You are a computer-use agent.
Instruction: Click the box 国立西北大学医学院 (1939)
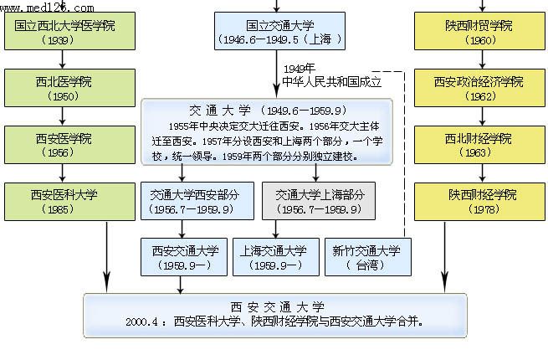[65, 31]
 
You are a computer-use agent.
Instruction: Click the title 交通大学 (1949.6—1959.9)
[268, 111]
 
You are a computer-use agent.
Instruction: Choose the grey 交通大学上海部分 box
[319, 200]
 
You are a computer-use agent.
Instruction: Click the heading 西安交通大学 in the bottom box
[275, 306]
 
